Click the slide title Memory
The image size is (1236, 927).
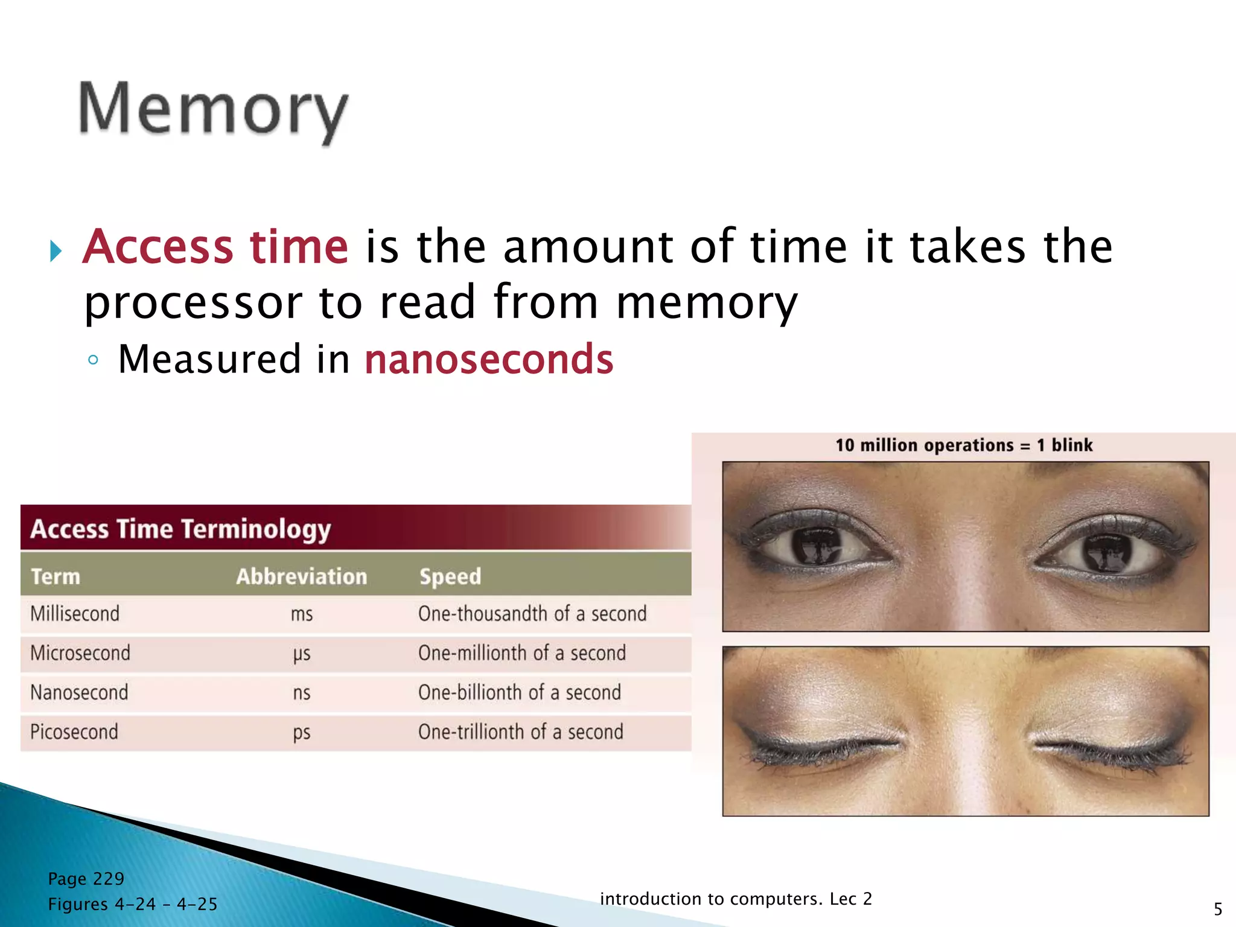213,110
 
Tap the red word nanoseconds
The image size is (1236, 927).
489,359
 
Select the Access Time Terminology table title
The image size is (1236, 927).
180,529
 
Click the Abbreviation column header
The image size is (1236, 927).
301,576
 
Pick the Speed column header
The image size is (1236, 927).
450,576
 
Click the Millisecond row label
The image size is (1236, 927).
75,614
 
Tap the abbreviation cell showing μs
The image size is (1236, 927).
301,654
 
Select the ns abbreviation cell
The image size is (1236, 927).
301,693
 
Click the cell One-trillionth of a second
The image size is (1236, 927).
520,732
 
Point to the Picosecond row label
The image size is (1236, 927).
74,732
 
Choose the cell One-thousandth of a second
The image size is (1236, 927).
532,614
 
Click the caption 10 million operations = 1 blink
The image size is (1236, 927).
964,445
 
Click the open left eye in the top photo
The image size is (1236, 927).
818,543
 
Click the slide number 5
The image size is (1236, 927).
1218,909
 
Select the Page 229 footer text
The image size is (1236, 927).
86,879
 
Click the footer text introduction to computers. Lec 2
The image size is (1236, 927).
736,899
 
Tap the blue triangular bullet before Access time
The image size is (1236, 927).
56,250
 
